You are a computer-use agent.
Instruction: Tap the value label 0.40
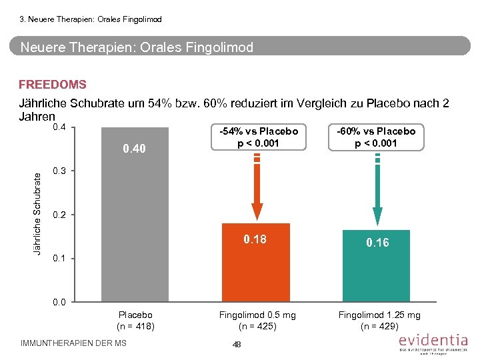[x=134, y=148]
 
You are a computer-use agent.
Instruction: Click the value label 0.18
[x=255, y=239]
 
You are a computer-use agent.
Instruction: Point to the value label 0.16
[x=377, y=243]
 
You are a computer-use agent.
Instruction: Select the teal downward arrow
[x=377, y=193]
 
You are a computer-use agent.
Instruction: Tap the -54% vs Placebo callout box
[x=255, y=137]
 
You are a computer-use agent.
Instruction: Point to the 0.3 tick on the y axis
[x=59, y=171]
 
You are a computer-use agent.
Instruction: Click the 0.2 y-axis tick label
[x=59, y=215]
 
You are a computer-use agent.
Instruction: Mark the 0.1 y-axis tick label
[x=59, y=258]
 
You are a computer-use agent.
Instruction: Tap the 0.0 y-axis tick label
[x=59, y=302]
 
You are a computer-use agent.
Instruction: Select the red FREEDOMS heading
[x=53, y=85]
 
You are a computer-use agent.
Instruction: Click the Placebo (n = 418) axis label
[x=135, y=320]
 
